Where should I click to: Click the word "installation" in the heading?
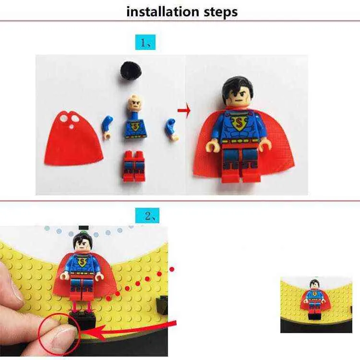[163, 12]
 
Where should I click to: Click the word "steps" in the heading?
[221, 12]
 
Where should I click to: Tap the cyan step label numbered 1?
[145, 42]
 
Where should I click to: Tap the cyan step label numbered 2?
[147, 216]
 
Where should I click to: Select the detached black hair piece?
[131, 71]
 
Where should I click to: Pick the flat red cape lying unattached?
[73, 138]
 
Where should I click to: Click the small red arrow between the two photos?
[184, 111]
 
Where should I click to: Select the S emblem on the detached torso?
[135, 126]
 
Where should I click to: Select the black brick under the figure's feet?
[82, 320]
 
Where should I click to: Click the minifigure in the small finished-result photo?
[315, 299]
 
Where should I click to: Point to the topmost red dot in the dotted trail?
[172, 269]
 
